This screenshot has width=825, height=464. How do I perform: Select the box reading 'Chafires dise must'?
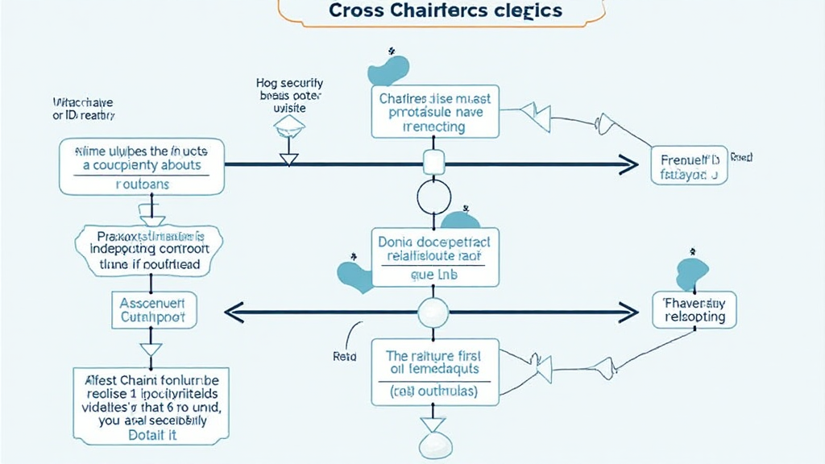click(x=436, y=113)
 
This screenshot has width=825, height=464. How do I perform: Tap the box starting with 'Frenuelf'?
click(x=689, y=165)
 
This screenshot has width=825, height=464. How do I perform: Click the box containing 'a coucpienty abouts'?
click(x=142, y=166)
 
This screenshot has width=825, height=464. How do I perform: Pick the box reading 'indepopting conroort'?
click(x=151, y=250)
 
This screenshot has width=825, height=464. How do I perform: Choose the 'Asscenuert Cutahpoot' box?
click(x=153, y=310)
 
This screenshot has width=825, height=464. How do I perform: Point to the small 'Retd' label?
click(x=344, y=354)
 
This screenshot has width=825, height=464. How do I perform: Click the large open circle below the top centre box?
click(x=433, y=197)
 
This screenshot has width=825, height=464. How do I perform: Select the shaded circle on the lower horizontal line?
click(x=433, y=310)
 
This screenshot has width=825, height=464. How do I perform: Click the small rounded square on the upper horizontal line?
click(x=433, y=164)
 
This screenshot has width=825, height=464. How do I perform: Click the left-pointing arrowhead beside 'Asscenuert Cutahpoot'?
click(x=233, y=311)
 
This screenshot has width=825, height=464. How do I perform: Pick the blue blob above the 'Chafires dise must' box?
click(x=391, y=70)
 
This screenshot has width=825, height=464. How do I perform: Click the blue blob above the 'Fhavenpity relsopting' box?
click(x=692, y=273)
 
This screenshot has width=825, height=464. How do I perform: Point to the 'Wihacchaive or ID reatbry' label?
click(x=83, y=110)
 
